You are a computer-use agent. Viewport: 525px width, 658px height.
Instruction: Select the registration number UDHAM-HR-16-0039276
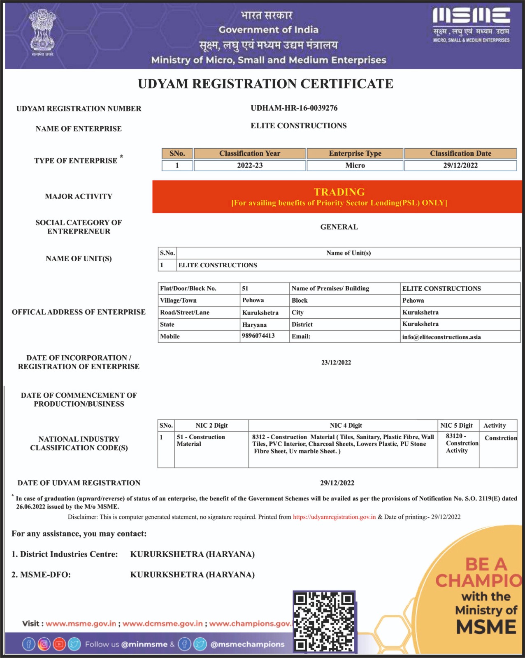[x=294, y=108]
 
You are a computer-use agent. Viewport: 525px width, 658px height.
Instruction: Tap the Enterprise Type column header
[x=355, y=153]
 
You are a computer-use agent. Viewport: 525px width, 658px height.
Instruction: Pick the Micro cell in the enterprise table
[x=355, y=165]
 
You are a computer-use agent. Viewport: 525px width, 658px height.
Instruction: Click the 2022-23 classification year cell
[x=250, y=165]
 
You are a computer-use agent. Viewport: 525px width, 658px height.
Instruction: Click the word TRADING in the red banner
[x=339, y=192]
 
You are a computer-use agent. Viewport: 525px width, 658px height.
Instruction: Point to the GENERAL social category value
[x=339, y=227]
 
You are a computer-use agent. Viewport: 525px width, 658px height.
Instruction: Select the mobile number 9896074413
[x=258, y=336]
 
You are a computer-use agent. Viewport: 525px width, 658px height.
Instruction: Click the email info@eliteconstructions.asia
[x=441, y=337]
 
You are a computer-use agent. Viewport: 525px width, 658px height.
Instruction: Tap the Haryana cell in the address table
[x=254, y=324]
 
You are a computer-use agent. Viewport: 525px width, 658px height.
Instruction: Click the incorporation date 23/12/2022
[x=336, y=362]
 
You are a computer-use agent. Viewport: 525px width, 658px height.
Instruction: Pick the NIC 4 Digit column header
[x=346, y=426]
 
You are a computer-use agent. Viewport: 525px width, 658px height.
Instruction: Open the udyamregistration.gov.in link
[x=334, y=517]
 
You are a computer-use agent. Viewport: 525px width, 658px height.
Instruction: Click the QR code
[x=324, y=622]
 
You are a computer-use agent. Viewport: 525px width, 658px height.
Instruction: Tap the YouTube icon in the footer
[x=59, y=644]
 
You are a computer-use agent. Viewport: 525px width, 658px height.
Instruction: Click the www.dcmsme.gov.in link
[x=163, y=623]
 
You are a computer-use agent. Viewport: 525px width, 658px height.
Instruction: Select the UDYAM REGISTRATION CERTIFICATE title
[x=265, y=84]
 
